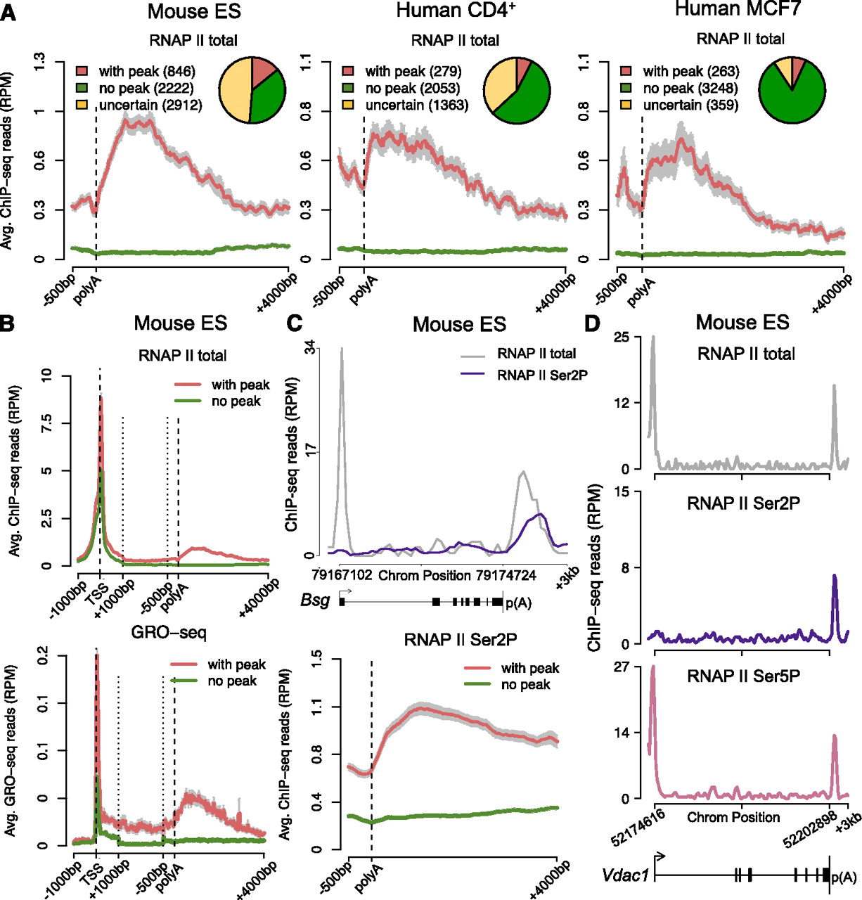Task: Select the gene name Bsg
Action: (315, 600)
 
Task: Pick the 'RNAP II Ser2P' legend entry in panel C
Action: (542, 375)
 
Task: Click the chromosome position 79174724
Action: (506, 576)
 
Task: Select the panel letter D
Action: (593, 323)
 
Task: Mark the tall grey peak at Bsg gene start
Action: (342, 352)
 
